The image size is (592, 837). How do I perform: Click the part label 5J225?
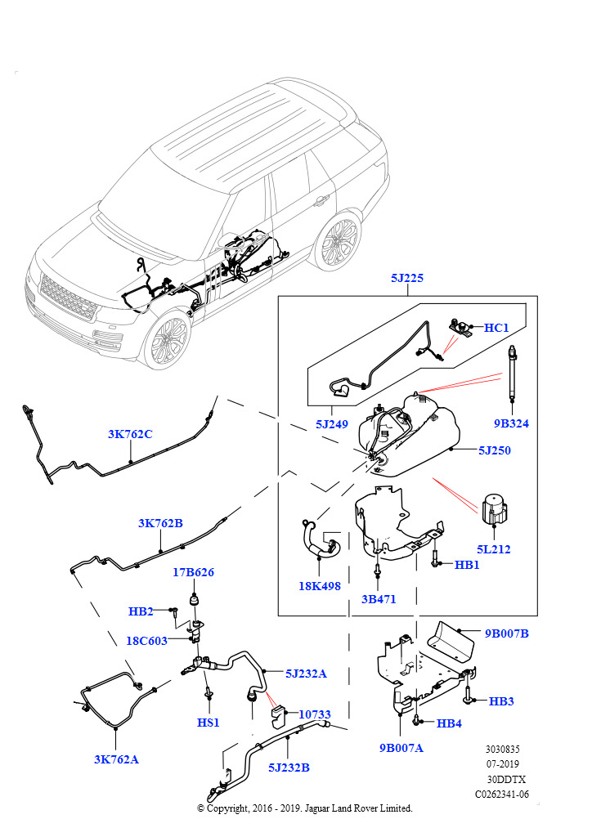406,279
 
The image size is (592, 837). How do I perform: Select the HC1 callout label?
496,328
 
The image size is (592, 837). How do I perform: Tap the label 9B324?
511,423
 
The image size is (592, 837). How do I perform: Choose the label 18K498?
320,586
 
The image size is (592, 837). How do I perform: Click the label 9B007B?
506,633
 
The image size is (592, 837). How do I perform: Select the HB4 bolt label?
449,723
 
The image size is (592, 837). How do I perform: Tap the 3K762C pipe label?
130,434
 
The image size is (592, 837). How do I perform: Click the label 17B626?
193,572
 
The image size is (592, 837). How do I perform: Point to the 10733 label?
314,714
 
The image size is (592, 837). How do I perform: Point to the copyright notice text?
305,808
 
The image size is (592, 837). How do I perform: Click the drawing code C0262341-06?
502,793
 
